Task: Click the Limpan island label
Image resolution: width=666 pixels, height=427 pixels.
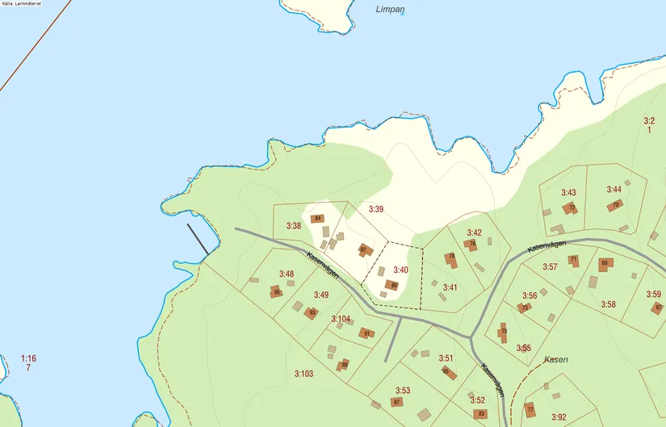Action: coord(391,10)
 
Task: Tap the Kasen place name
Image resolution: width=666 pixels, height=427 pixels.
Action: coord(555,359)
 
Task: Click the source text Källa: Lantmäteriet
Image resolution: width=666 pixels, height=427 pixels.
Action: coord(22,4)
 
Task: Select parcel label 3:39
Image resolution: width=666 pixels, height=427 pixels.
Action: coord(375,209)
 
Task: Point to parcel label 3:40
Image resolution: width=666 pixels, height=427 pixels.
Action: coord(400,270)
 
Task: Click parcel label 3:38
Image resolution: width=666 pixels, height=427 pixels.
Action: coord(293,226)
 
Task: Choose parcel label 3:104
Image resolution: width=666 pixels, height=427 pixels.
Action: coord(341,319)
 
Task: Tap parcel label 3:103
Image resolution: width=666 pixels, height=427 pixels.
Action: coord(303,374)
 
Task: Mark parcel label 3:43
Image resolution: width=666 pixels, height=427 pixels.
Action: coord(568,193)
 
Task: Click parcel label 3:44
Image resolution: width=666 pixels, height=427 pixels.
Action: coord(614,189)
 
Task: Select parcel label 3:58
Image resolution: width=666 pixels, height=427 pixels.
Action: coord(608,304)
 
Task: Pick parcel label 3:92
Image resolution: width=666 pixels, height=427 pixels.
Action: coord(559,417)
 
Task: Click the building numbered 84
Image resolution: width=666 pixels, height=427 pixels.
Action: coord(318,219)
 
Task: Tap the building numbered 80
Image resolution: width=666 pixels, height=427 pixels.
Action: coord(392,284)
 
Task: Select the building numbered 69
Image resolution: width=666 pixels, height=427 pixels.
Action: coord(605,263)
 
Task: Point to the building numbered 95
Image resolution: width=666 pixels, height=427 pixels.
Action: coord(278,291)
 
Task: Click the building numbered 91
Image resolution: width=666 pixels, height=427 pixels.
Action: coord(366,333)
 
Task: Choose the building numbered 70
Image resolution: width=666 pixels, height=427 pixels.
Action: coord(615,205)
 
